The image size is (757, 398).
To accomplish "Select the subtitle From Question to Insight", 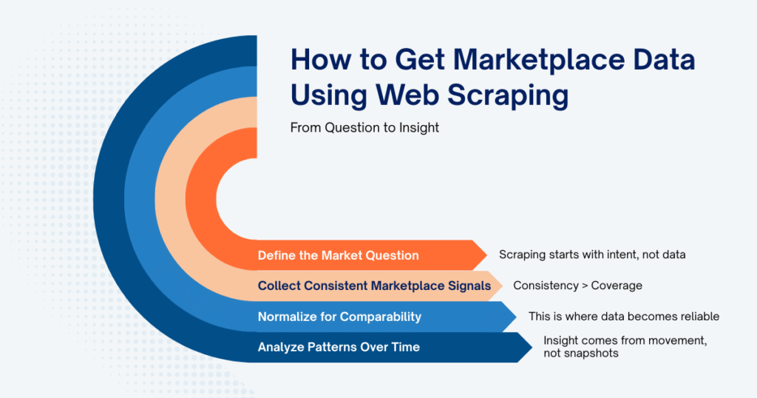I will tap(364, 128).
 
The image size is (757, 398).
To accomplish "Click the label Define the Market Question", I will tap(338, 255).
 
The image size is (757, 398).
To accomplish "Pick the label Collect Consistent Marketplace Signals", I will tap(374, 286).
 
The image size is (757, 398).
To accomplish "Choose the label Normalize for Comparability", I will tap(339, 317).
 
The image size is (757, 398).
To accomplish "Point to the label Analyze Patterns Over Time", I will tap(339, 347).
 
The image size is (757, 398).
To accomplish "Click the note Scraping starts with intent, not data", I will tap(592, 255).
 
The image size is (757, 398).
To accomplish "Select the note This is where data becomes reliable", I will tap(624, 317).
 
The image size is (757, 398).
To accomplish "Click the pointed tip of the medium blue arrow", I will tap(516, 317).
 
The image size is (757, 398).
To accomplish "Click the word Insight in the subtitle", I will tap(418, 128).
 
